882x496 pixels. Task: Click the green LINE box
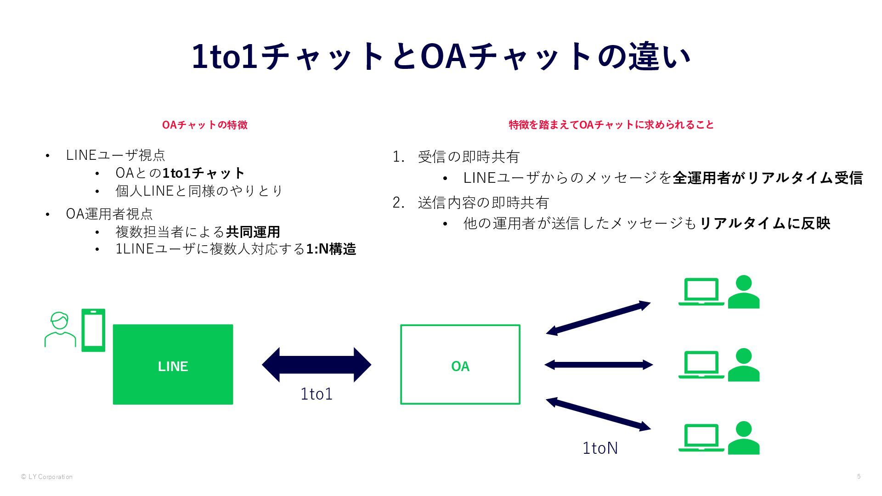click(x=173, y=365)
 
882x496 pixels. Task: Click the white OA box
click(x=460, y=365)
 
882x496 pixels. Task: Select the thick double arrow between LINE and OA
click(x=316, y=365)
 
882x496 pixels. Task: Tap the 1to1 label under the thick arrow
click(x=316, y=394)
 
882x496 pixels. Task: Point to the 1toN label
click(x=600, y=448)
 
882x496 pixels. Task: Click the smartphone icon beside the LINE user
click(x=93, y=330)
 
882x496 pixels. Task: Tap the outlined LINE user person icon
click(x=60, y=330)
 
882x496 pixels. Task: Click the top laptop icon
click(x=701, y=292)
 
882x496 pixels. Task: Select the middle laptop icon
click(x=701, y=365)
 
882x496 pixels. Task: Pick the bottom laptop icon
click(x=701, y=438)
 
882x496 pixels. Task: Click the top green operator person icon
click(x=744, y=292)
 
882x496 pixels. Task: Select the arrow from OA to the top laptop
click(x=598, y=318)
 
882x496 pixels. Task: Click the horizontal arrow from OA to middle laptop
click(x=598, y=365)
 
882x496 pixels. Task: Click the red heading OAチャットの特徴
click(x=204, y=125)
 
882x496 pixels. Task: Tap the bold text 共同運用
click(x=253, y=232)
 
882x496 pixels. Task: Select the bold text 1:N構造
click(x=331, y=249)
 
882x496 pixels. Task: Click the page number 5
click(x=859, y=476)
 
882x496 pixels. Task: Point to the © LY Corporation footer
click(x=46, y=477)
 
